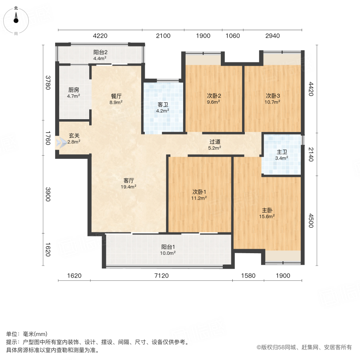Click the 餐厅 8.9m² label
[116, 99]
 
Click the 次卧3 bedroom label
[273, 98]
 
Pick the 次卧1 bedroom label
[199, 195]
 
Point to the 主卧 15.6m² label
[268, 213]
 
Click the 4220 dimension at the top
[100, 36]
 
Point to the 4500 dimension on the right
[310, 221]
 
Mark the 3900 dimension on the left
[48, 195]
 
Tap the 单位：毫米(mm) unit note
[27, 334]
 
